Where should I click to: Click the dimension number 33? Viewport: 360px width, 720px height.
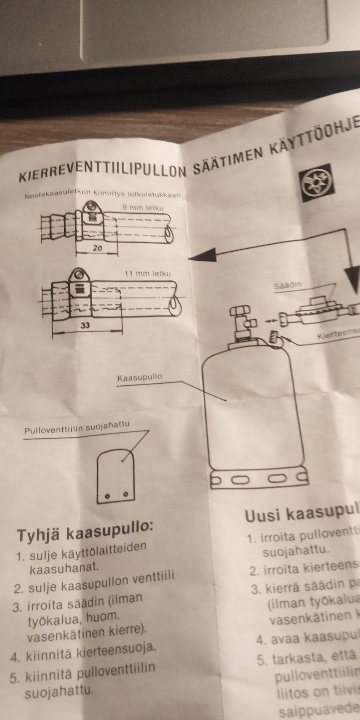[86, 325]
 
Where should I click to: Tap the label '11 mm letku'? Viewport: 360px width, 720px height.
[147, 273]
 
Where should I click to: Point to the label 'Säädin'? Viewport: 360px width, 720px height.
[288, 285]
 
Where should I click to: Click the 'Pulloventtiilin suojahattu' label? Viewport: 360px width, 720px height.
[76, 428]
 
